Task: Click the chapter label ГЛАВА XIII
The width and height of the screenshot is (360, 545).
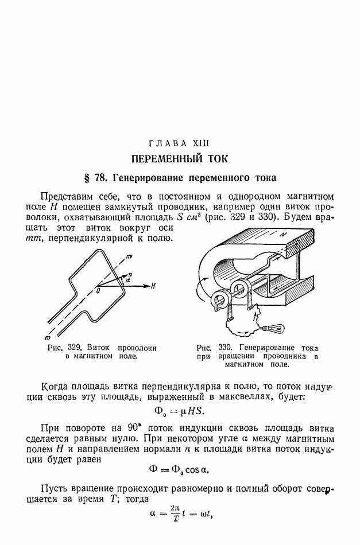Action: [180, 142]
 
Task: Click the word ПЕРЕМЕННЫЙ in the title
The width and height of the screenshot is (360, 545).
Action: [162, 158]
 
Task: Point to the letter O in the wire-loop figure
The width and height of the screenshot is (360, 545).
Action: [98, 291]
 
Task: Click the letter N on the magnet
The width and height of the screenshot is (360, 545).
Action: [281, 235]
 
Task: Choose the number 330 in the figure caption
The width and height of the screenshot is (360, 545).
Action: [224, 348]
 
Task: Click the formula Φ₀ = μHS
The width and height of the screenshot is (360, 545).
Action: [180, 411]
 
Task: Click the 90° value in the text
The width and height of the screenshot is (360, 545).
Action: [126, 428]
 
